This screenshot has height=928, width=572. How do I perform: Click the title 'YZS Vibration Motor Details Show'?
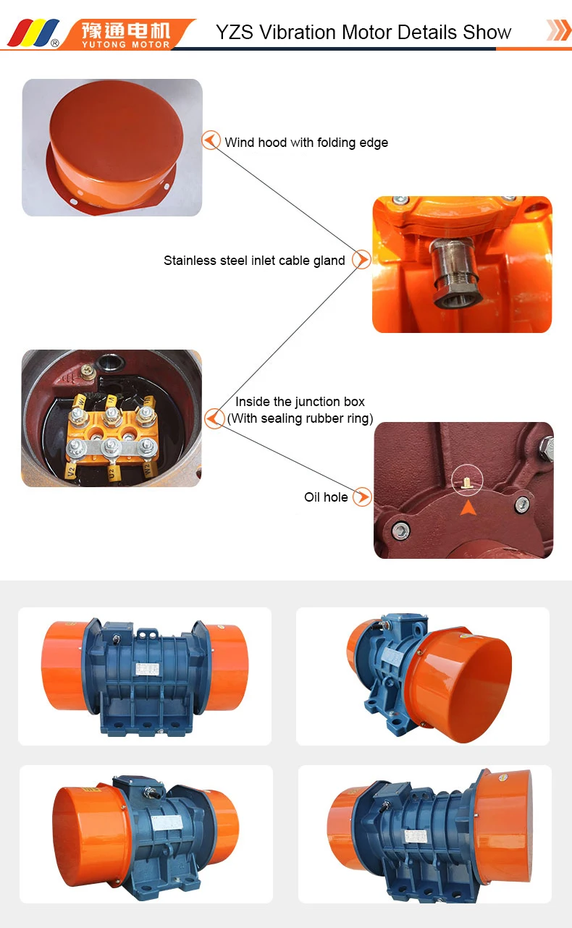[x=363, y=33]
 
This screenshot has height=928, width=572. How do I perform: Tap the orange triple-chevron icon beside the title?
[x=558, y=30]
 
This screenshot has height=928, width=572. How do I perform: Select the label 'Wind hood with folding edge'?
[x=306, y=143]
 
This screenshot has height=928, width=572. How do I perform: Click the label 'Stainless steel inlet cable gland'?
[x=254, y=261]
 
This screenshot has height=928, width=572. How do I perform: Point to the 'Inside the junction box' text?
[x=300, y=402]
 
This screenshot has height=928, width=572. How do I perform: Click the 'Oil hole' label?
[x=326, y=497]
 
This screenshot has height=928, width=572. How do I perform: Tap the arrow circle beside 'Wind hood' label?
[x=211, y=140]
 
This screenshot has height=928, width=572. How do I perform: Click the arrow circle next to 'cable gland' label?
[x=361, y=259]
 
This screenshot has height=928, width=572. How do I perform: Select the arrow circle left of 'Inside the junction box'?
[x=214, y=418]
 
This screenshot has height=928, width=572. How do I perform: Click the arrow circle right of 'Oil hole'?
[x=363, y=497]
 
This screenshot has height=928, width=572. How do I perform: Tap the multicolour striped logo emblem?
[x=33, y=33]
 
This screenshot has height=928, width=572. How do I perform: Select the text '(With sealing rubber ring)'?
[x=300, y=418]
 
